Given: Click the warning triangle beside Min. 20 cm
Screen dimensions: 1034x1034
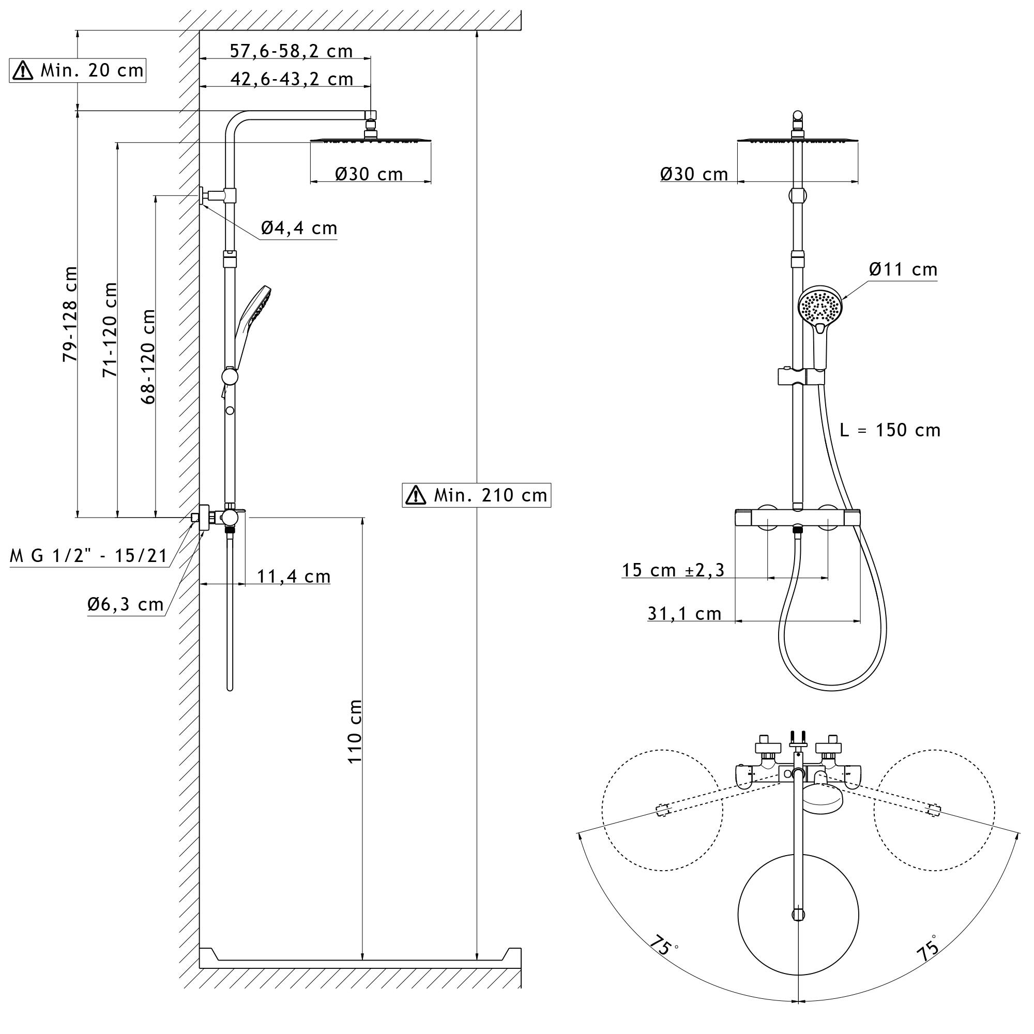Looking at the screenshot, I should (x=22, y=71).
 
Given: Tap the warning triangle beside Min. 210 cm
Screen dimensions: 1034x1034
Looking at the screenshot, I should (x=416, y=495).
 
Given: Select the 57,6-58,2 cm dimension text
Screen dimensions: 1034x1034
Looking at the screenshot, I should (x=291, y=51).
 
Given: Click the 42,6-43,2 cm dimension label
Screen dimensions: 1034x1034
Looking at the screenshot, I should (x=292, y=79).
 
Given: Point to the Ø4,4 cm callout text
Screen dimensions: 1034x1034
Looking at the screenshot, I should (x=299, y=228).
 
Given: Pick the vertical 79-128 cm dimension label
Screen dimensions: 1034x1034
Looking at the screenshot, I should (x=70, y=314).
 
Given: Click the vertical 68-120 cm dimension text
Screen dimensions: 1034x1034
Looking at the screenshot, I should (x=148, y=356).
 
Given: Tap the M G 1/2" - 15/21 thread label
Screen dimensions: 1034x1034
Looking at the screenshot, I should (x=89, y=556).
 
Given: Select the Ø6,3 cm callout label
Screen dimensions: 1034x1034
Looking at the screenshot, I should (x=125, y=604).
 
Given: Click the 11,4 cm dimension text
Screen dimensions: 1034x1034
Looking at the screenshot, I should (x=293, y=576).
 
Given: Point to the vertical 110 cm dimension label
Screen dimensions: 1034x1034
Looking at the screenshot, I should (x=355, y=731).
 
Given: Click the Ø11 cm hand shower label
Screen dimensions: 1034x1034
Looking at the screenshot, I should (x=903, y=269).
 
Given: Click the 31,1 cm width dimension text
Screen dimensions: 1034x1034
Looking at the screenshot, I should (x=685, y=613).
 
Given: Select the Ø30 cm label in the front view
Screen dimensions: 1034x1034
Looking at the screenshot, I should (x=694, y=174).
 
